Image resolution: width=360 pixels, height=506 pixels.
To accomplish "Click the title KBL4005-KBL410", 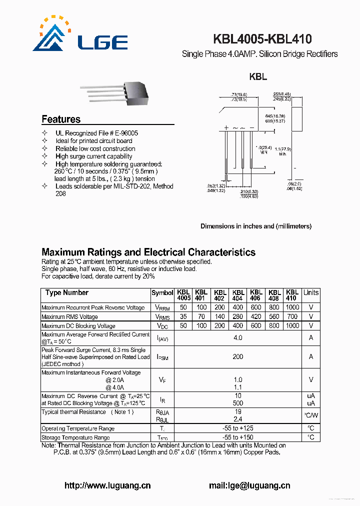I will click(x=262, y=39).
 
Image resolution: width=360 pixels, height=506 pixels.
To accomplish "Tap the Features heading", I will click(x=61, y=119).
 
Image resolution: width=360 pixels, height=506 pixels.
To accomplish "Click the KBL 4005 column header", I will click(x=183, y=295).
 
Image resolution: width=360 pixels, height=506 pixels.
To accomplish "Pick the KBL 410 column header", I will click(x=292, y=295).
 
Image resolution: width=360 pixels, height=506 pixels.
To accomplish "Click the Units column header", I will click(x=311, y=292).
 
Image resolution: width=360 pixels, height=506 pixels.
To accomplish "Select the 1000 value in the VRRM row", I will click(x=292, y=307).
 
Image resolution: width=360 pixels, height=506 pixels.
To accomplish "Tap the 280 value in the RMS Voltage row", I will click(x=238, y=316).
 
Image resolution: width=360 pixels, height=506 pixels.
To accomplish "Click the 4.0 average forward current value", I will click(x=238, y=338).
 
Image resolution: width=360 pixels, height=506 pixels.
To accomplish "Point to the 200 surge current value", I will click(x=238, y=356).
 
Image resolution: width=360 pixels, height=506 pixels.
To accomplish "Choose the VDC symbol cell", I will click(x=162, y=325).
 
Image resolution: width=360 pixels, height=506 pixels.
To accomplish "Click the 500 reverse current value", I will click(x=238, y=403).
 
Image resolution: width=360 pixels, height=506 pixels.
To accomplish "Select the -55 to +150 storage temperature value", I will click(x=238, y=437).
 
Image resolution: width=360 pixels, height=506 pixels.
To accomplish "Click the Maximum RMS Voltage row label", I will click(x=69, y=316).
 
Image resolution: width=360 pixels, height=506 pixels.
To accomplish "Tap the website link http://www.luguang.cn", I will click(x=107, y=485).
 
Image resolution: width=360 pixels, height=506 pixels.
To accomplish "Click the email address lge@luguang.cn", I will click(x=249, y=485).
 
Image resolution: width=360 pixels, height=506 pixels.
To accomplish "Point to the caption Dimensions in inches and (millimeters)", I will click(x=256, y=226).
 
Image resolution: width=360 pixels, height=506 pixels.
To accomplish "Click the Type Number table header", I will click(x=66, y=292).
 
